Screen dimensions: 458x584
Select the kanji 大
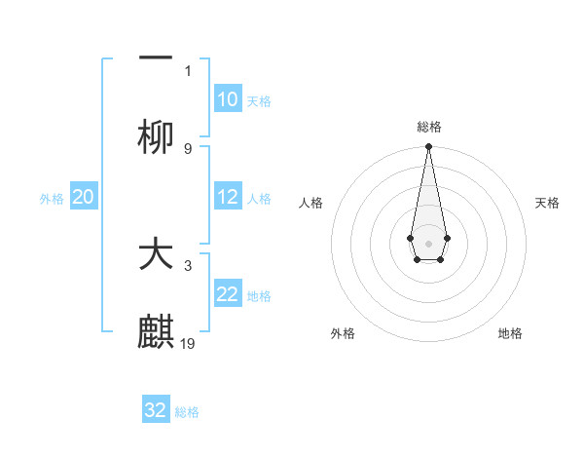click(x=156, y=254)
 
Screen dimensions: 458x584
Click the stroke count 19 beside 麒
click(x=189, y=343)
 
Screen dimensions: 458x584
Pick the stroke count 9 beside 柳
click(x=188, y=148)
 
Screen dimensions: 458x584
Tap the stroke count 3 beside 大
click(x=188, y=265)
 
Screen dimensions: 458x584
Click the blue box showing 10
click(x=227, y=99)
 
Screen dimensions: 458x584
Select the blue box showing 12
click(x=227, y=197)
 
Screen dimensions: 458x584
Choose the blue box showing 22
click(x=227, y=294)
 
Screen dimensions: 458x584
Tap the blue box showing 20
click(x=83, y=197)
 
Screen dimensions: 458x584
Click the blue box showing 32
click(x=156, y=410)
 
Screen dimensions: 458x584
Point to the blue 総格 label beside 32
click(x=187, y=412)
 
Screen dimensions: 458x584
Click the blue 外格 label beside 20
click(x=52, y=199)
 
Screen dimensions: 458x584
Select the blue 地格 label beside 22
click(x=259, y=296)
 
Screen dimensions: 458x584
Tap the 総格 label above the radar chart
click(x=428, y=127)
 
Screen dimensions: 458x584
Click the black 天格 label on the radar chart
click(x=547, y=203)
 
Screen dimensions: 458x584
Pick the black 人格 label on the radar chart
click(x=310, y=203)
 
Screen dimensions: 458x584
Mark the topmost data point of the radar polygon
click(x=428, y=147)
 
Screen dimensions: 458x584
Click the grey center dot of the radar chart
click(x=428, y=242)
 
